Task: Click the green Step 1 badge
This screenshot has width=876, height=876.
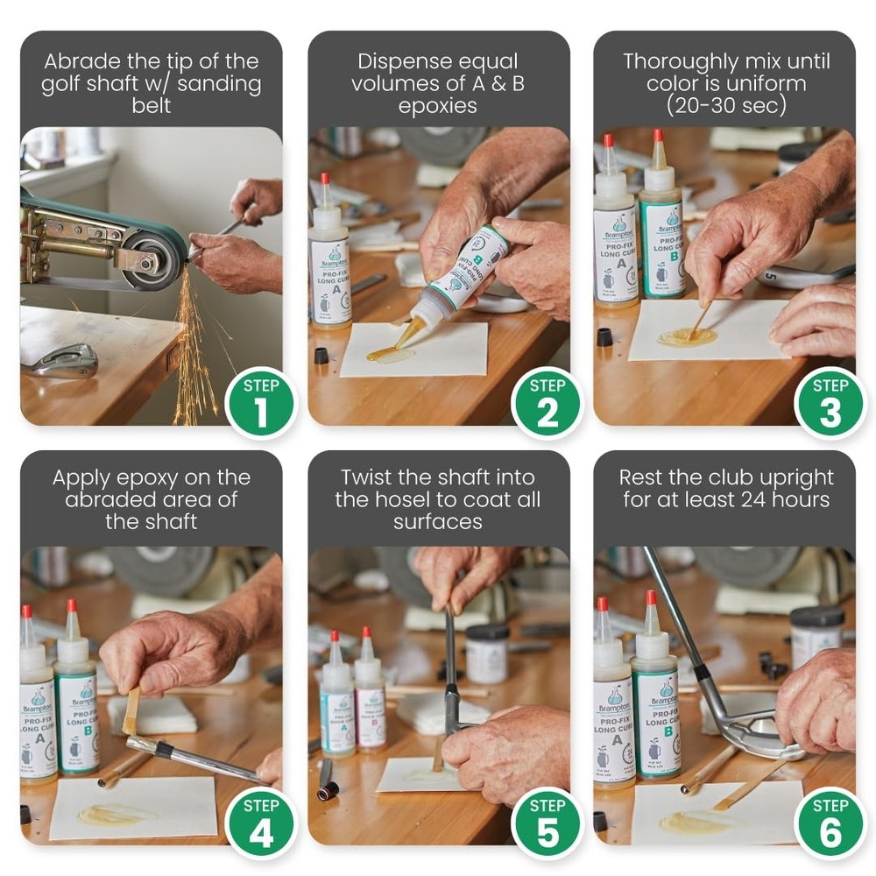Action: point(260,403)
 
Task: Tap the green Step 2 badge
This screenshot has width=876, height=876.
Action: point(547,403)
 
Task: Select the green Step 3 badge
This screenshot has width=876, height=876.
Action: point(830,403)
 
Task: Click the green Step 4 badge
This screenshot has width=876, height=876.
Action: point(260,823)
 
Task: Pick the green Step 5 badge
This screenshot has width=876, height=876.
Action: point(547,823)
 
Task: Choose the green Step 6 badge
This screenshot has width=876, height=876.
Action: point(830,823)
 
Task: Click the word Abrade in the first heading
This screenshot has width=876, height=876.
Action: point(80,62)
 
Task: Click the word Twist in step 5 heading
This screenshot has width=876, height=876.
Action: point(373,478)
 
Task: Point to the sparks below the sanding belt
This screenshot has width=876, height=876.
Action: point(192,350)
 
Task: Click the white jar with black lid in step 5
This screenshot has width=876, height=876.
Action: point(487,653)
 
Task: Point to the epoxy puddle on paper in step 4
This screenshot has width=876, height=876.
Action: point(114,814)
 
